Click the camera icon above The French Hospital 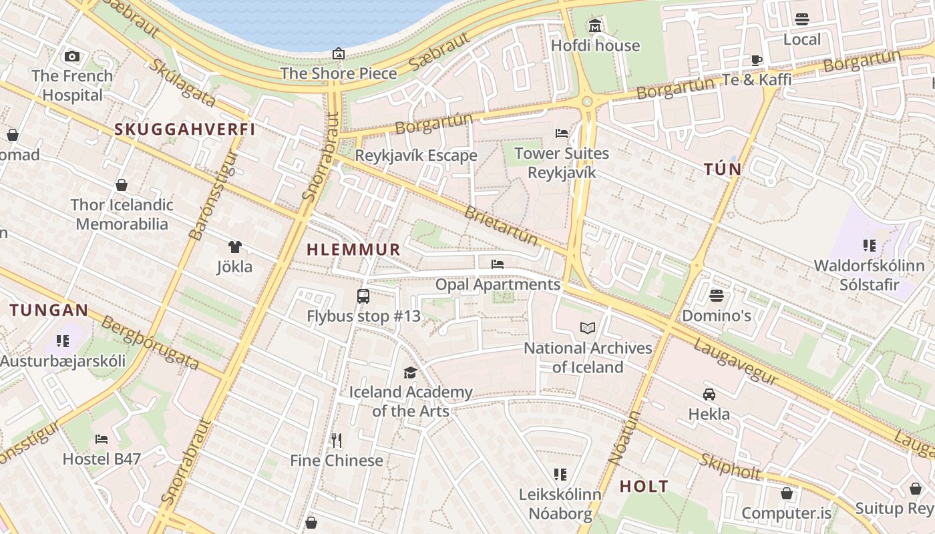tap(72, 57)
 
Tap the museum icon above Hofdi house tap(595, 27)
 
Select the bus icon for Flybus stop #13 tap(363, 296)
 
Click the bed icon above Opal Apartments tap(497, 264)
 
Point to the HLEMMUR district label tap(353, 250)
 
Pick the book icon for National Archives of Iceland tap(588, 328)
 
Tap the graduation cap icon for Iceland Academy tap(410, 372)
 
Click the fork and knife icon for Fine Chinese tap(337, 441)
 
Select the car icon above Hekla tap(709, 394)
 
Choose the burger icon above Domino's tap(717, 296)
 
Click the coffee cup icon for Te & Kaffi tap(756, 60)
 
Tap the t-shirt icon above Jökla tap(234, 248)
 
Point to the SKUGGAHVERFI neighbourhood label tap(185, 129)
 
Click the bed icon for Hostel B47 tap(102, 439)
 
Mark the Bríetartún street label tap(500, 226)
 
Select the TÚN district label tap(723, 170)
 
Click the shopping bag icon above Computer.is tap(787, 493)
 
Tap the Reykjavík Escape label tap(416, 156)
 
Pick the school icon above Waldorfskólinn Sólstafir tap(869, 246)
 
